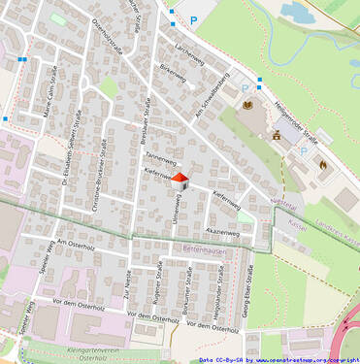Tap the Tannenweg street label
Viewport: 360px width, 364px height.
pos(159,157)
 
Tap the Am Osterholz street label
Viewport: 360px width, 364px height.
pos(74,243)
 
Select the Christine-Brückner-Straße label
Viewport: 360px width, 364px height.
pos(99,173)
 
